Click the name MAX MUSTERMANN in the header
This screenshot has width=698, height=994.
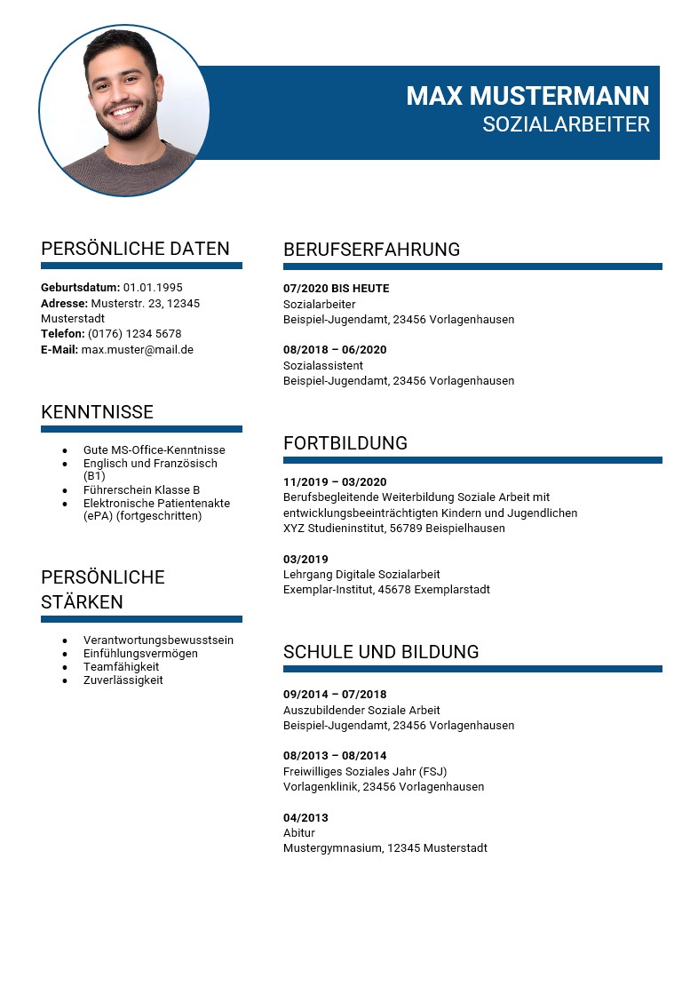point(527,96)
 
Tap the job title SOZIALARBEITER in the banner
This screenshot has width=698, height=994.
point(566,124)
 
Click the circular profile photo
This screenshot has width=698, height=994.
point(124,110)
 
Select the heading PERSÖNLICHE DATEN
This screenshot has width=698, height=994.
point(135,249)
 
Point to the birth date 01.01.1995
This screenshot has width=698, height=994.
point(153,288)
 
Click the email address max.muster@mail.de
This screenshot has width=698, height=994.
point(137,350)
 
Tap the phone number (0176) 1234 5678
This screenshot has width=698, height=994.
point(134,334)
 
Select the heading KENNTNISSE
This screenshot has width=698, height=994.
point(97,412)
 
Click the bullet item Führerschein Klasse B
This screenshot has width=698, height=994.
point(141,490)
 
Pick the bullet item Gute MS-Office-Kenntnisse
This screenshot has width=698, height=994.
point(154,450)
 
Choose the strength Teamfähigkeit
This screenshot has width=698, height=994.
point(121,667)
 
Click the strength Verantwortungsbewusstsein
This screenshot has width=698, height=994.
point(158,640)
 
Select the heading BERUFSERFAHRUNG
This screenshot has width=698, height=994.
point(371,250)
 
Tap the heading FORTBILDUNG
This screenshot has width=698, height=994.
point(345,443)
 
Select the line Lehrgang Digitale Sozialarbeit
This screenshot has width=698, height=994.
point(361,575)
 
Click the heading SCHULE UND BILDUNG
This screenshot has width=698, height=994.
point(380,652)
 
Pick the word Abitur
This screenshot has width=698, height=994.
point(298,833)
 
